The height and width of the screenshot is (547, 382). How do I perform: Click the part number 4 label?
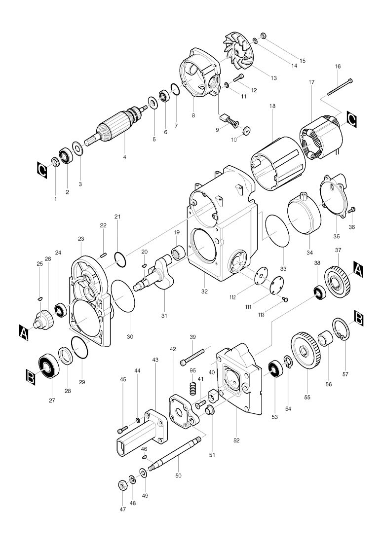(x=124, y=157)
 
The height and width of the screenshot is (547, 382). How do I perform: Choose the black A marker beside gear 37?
(x=358, y=269)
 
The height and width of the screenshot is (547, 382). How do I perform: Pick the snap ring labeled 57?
(x=341, y=331)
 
